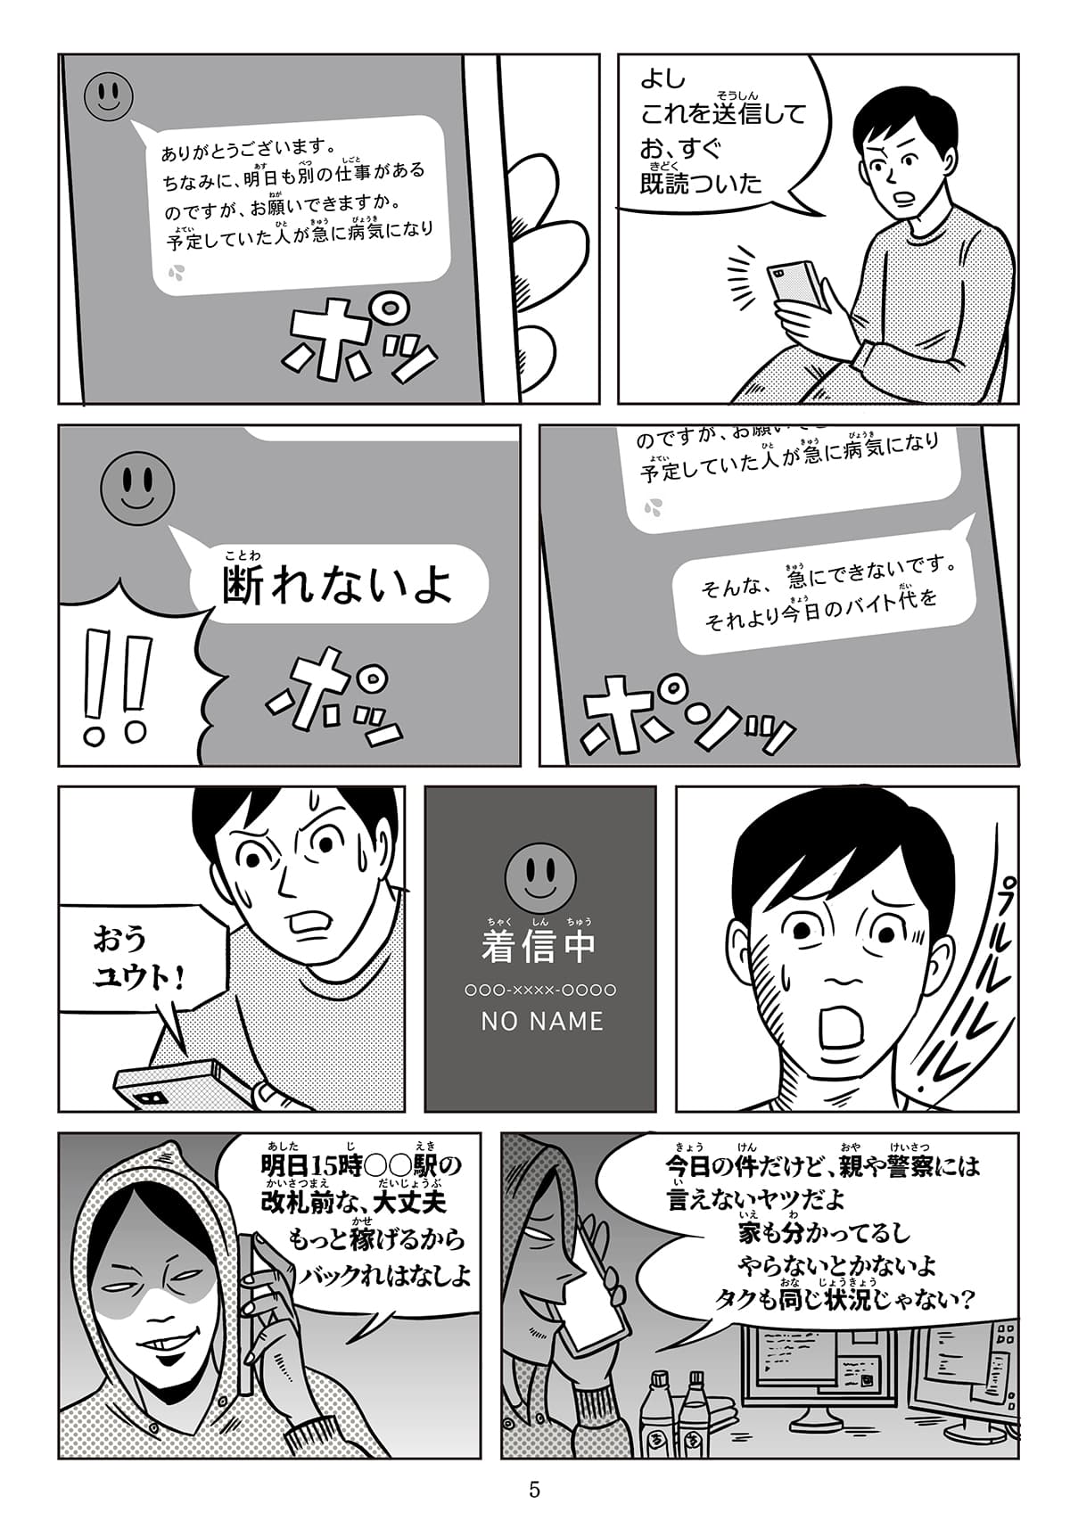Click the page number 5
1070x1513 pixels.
coord(534,1488)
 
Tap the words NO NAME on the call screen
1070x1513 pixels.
coord(542,1021)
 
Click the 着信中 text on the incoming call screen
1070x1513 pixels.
coord(538,947)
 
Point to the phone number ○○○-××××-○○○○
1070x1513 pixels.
coord(541,991)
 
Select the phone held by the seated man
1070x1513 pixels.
coord(798,284)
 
